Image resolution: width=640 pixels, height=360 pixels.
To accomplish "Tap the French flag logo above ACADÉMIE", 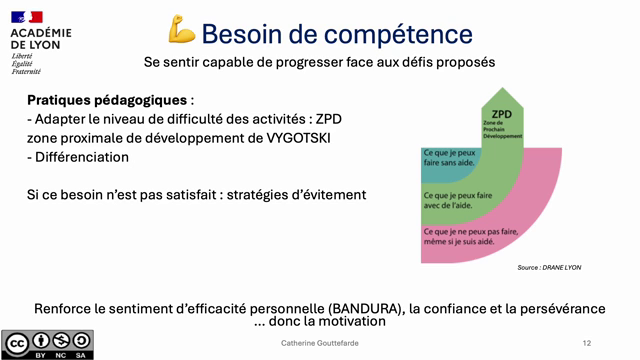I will pos(27,16).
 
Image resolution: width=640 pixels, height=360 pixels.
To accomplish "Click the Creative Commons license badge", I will pos(48,343).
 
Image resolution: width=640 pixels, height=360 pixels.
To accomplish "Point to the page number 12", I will pos(586,343).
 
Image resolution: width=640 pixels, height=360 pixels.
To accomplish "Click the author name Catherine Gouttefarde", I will pos(320,343).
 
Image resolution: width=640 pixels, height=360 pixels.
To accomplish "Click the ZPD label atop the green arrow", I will pos(502,114).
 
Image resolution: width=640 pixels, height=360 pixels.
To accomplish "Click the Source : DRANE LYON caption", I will pos(549,268).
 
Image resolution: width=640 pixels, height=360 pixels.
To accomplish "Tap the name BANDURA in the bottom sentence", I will pos(349,307).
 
